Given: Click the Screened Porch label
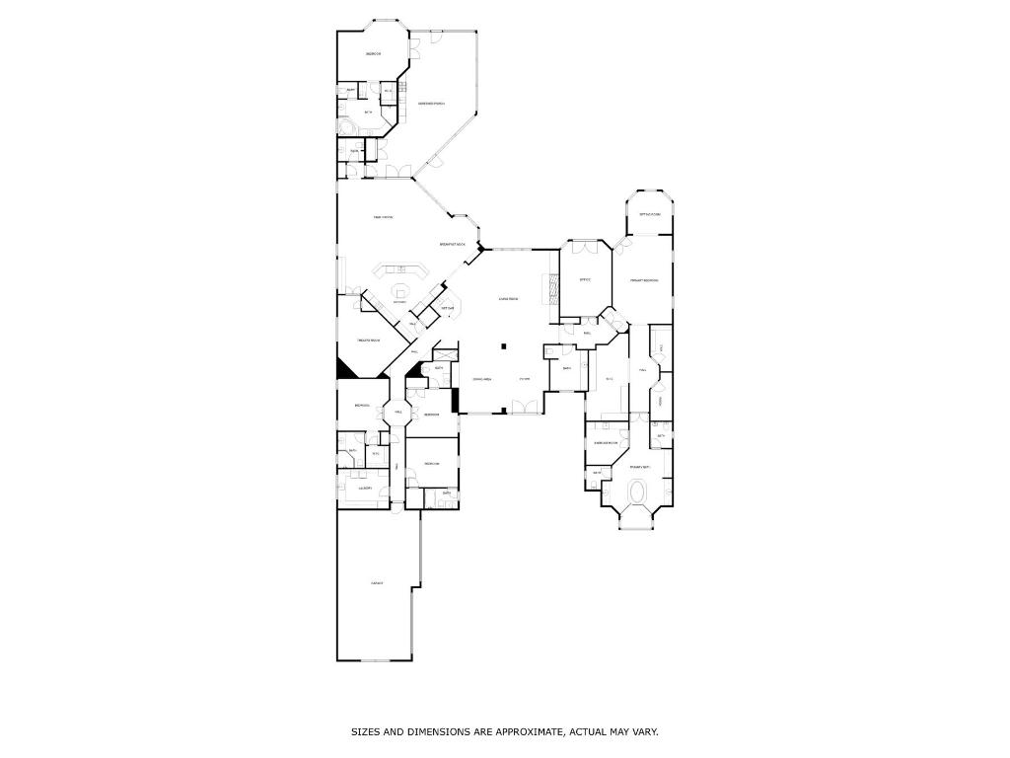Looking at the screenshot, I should click(431, 104).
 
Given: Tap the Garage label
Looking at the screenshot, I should click(377, 583).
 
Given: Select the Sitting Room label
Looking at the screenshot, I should click(650, 214).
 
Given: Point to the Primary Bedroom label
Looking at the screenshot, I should click(644, 280).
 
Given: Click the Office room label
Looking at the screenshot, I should click(584, 280).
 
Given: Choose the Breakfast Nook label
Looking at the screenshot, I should click(453, 244).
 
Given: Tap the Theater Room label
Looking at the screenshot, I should click(368, 341).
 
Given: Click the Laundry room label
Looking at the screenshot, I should click(364, 488).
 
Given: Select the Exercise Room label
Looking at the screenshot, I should click(606, 443).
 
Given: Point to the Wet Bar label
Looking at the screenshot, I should click(447, 308).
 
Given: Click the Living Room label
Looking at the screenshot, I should click(508, 298).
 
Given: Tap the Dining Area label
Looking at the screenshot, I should click(481, 379).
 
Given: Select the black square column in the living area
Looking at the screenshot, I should click(504, 346).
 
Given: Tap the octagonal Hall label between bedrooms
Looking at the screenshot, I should click(398, 412).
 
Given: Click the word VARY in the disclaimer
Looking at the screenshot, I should click(645, 732).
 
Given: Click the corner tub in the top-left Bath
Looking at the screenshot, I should click(345, 128).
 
